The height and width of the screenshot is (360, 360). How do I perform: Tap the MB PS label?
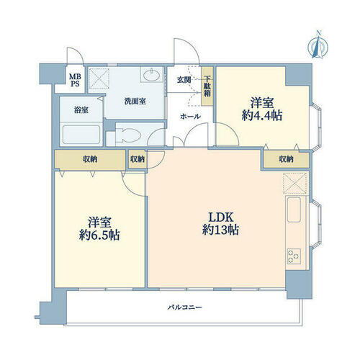(x=75, y=80)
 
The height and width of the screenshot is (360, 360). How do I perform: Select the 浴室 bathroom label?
(x=81, y=110)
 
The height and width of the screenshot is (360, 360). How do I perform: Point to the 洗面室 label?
(x=135, y=102)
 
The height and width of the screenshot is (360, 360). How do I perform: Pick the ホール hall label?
(x=190, y=115)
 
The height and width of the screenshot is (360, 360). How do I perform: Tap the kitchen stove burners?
(x=295, y=255)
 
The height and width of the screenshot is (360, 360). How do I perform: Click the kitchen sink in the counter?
(x=295, y=212)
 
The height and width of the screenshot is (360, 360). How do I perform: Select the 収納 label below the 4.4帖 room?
(x=285, y=159)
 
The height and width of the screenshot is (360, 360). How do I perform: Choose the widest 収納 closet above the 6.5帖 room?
(x=90, y=159)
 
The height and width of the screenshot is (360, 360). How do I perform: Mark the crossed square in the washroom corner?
(x=99, y=78)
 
